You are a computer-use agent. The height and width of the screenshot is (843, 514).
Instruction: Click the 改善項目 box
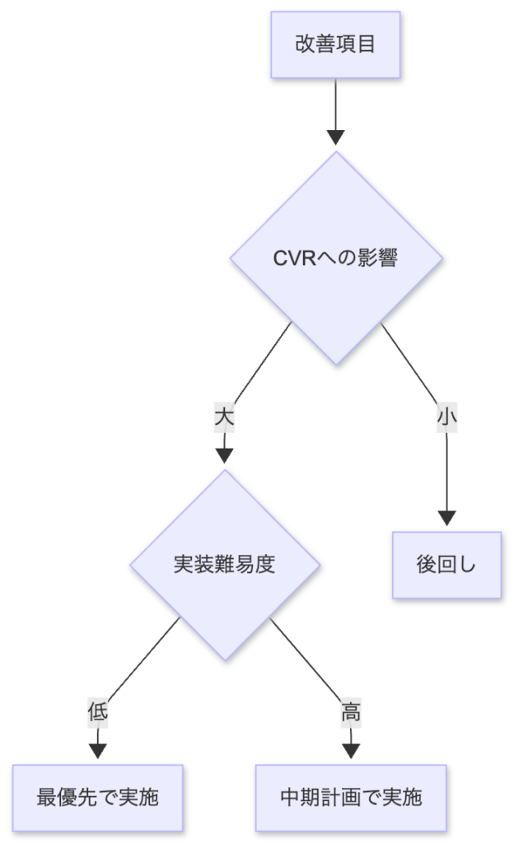(x=335, y=44)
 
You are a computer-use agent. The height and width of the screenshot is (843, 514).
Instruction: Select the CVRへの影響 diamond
(x=335, y=258)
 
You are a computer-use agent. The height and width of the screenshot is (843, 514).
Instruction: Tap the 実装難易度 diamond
(x=224, y=565)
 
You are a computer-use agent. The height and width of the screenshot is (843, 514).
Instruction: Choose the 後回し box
(x=446, y=565)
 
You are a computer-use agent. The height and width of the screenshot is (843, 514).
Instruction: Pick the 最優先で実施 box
(x=97, y=797)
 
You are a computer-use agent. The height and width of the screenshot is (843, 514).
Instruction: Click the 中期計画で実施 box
(x=351, y=797)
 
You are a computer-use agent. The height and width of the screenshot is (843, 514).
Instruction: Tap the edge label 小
(x=446, y=417)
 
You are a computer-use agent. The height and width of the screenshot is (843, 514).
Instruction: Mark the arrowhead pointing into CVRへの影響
(x=335, y=137)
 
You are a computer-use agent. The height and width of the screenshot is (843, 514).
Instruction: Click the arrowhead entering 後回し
(x=446, y=518)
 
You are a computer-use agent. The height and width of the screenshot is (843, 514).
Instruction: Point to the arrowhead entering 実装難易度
(x=224, y=456)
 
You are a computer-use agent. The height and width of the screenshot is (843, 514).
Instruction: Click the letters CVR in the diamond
(x=291, y=258)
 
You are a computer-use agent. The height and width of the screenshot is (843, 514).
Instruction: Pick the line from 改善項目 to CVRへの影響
(x=335, y=103)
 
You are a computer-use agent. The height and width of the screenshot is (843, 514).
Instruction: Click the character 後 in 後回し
(x=426, y=565)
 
